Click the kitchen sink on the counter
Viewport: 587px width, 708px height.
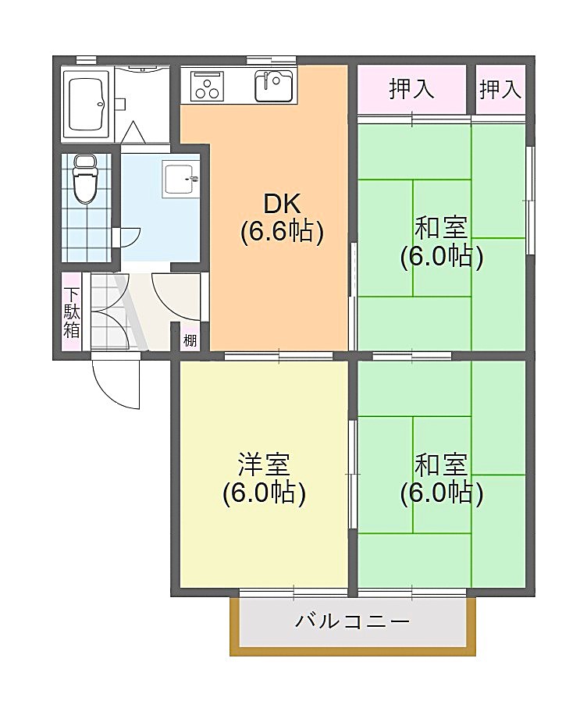click(x=273, y=84)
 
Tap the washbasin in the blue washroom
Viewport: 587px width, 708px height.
click(x=180, y=179)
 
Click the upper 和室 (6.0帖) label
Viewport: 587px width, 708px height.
click(x=441, y=241)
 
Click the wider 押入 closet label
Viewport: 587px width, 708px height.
click(x=411, y=89)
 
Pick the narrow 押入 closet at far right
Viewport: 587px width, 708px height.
click(x=500, y=89)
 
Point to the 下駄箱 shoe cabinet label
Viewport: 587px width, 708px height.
click(x=72, y=312)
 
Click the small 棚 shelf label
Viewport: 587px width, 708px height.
click(x=190, y=340)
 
